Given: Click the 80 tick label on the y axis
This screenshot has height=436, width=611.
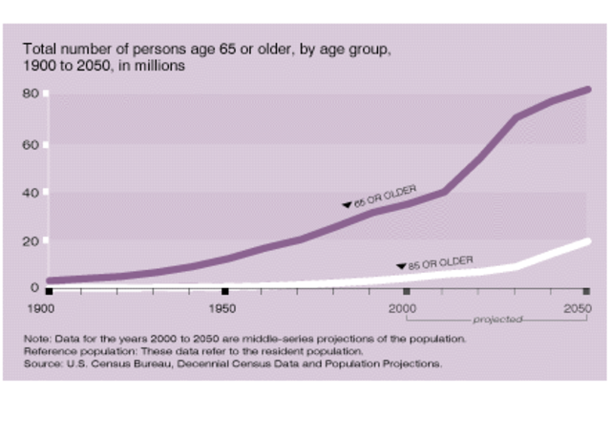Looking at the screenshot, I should click(32, 93).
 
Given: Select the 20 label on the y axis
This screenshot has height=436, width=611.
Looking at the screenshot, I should click(32, 240).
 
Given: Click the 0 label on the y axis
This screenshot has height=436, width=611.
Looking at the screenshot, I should click(35, 287).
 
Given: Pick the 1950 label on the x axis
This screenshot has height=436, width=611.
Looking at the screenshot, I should click(222, 309).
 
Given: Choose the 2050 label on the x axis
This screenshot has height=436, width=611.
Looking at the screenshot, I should click(576, 309).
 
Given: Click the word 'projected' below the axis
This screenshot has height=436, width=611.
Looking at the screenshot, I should click(496, 321).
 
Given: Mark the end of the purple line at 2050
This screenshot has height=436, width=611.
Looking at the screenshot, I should click(586, 90).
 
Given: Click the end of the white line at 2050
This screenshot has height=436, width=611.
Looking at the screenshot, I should click(586, 241).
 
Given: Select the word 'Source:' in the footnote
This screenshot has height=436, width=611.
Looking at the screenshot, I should click(45, 363).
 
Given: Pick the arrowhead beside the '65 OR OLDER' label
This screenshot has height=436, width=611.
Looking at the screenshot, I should click(348, 204).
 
